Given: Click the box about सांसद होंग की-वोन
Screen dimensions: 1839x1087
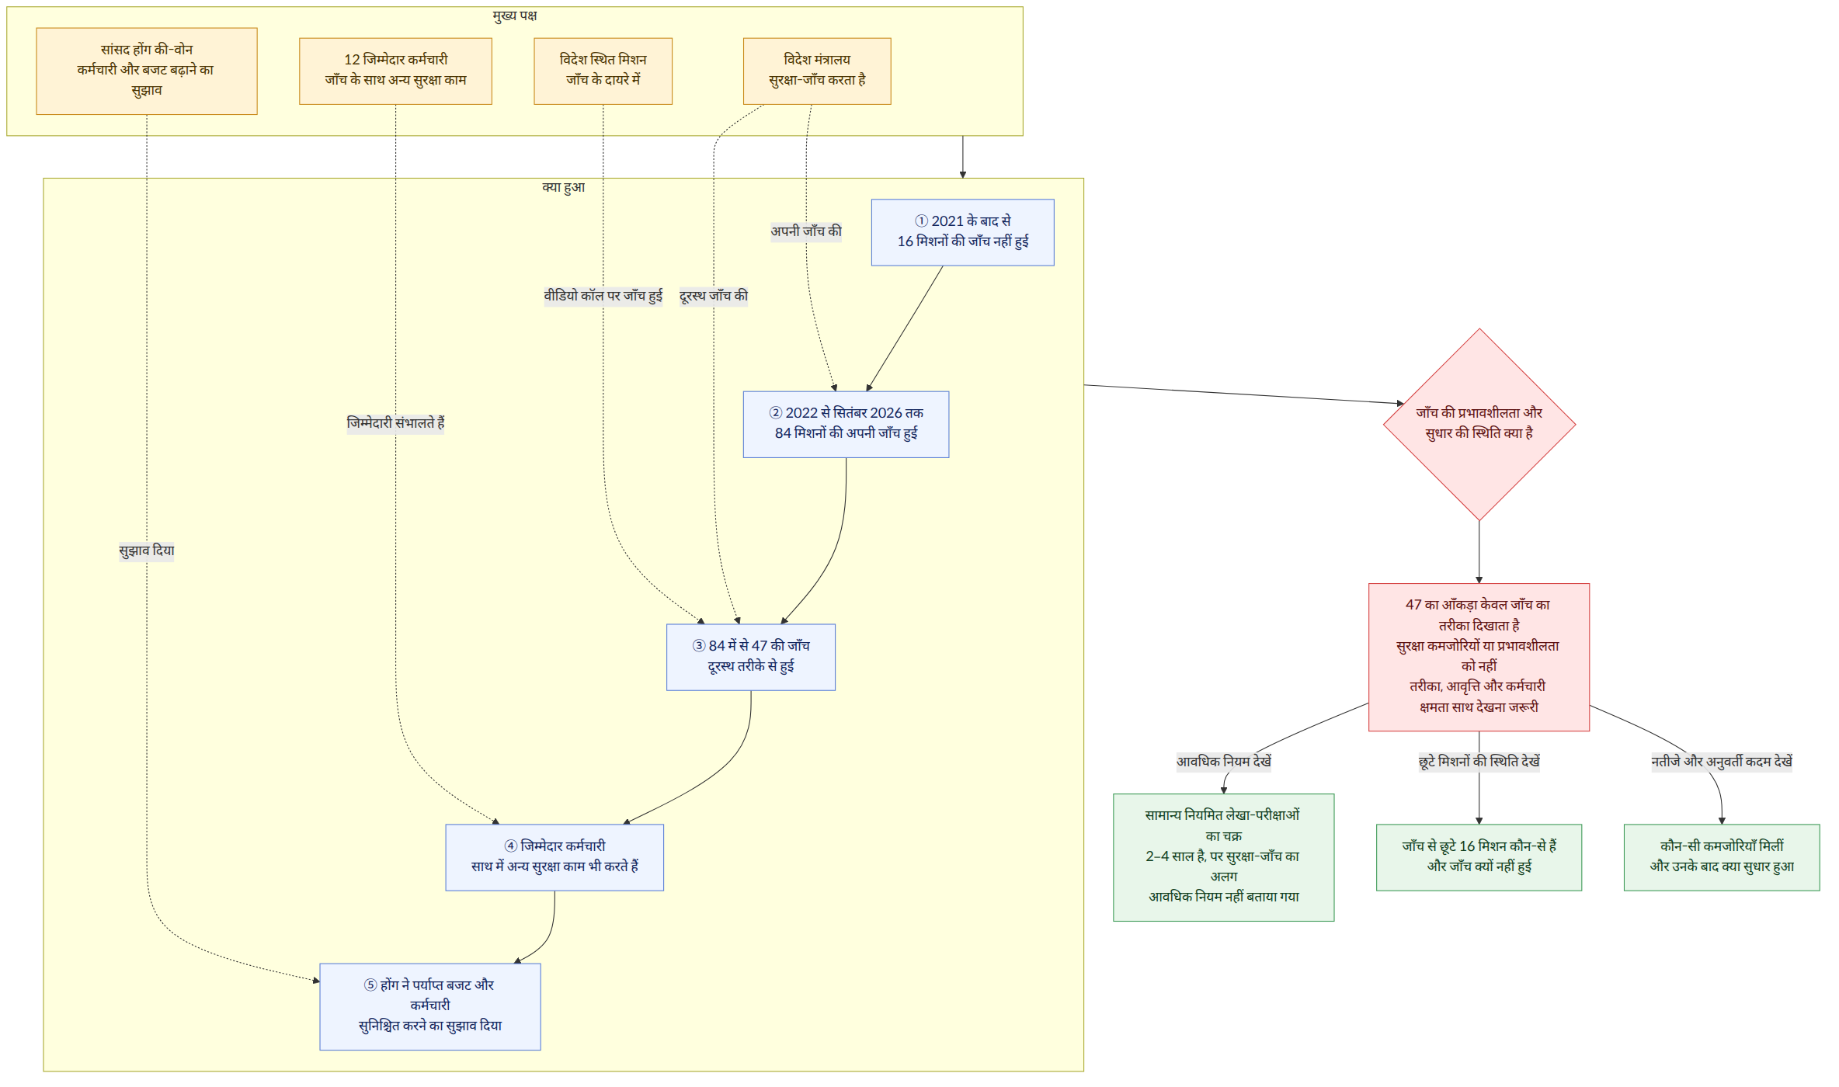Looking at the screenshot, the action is click(147, 71).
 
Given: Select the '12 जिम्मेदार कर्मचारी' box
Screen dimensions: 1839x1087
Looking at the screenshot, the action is click(395, 71).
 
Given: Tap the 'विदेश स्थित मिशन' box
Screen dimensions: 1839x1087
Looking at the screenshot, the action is click(603, 71).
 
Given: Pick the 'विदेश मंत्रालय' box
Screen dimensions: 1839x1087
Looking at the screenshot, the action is click(817, 71).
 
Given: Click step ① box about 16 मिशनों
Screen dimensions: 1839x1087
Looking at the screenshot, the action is click(962, 232).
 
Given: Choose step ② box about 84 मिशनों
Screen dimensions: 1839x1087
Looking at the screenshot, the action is click(846, 424).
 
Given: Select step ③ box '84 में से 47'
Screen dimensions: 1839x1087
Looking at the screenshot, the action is click(751, 657).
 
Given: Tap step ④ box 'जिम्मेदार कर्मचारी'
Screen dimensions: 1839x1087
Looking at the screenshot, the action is click(554, 857).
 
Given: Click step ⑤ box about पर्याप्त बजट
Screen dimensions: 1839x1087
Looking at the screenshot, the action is click(430, 1007).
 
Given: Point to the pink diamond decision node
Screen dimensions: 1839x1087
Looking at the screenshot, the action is click(1479, 425).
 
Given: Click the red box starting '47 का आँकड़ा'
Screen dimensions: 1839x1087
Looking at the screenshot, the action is click(1479, 657).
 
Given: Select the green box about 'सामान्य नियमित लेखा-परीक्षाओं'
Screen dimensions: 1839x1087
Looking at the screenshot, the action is click(1224, 857).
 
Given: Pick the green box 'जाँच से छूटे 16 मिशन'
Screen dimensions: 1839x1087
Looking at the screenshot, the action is click(1479, 857).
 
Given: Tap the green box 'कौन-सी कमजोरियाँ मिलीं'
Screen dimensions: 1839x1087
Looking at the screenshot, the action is click(1722, 857).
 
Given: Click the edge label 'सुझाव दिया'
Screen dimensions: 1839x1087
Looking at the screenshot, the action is click(147, 550).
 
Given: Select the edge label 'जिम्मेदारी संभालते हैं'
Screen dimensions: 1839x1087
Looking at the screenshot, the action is click(395, 423).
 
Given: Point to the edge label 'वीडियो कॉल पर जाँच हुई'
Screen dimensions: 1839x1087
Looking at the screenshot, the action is click(603, 296).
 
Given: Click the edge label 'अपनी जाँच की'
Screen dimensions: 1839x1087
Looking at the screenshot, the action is click(806, 231).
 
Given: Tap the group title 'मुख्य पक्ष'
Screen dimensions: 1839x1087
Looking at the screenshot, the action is click(515, 16).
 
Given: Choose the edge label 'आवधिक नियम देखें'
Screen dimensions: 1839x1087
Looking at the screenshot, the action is click(1224, 762).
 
